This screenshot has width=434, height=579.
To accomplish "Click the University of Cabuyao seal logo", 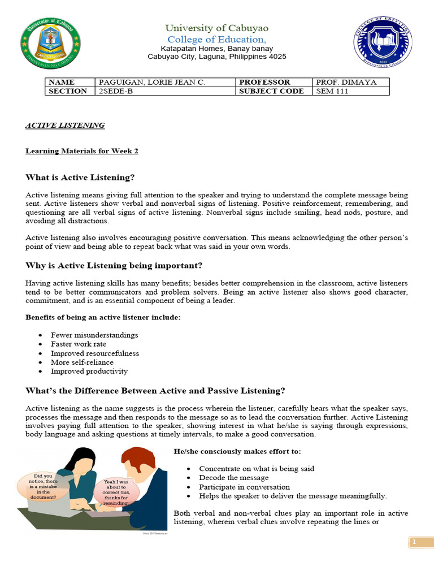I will (x=50, y=43).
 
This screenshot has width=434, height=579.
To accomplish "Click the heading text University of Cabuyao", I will (x=217, y=28).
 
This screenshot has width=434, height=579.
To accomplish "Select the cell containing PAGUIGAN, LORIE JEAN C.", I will (x=164, y=82).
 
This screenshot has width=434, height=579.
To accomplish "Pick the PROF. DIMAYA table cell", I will (x=350, y=82).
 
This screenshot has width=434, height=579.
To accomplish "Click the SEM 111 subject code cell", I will (x=350, y=91).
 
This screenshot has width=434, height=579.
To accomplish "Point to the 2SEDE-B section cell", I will (x=164, y=91).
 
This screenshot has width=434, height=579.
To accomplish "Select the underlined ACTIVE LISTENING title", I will (x=65, y=126).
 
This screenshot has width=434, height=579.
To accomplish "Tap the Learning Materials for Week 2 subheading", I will (x=82, y=151).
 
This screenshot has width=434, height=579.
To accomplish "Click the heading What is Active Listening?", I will (x=80, y=178).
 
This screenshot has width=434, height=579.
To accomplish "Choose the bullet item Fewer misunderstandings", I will (x=94, y=335).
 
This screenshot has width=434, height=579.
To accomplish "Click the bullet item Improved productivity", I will (x=89, y=371).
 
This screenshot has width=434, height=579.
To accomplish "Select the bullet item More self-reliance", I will (x=82, y=362).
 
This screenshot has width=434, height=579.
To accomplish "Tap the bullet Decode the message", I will (x=233, y=478).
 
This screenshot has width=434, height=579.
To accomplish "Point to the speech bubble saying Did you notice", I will (x=44, y=486).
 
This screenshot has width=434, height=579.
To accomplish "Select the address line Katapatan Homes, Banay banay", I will (x=217, y=49).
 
